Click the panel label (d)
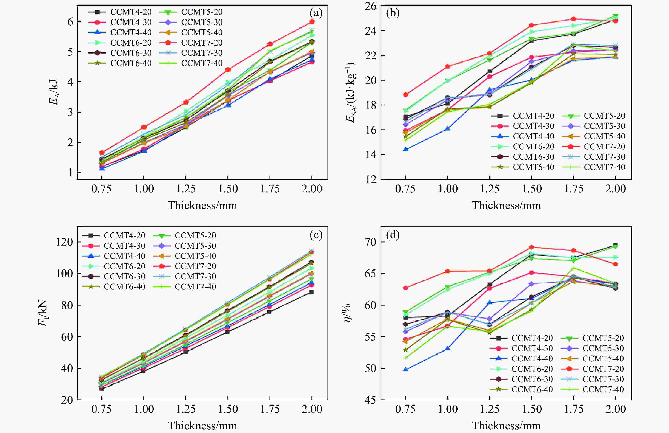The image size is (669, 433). [393, 235]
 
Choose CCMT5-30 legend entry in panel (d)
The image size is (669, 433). [603, 348]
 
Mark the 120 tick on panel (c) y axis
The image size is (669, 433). [65, 242]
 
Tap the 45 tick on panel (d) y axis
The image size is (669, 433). [371, 400]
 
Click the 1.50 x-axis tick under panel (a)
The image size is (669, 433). [228, 189]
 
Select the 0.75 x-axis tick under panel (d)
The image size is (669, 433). [405, 409]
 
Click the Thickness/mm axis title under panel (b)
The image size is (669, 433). [506, 206]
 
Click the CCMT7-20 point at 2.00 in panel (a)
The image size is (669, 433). [312, 22]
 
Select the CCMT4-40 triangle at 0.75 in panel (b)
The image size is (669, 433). [405, 149]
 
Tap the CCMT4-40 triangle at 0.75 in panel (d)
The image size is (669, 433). [405, 369]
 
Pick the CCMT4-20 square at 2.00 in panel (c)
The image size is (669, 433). [311, 292]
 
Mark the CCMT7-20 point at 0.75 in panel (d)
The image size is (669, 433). [405, 288]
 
